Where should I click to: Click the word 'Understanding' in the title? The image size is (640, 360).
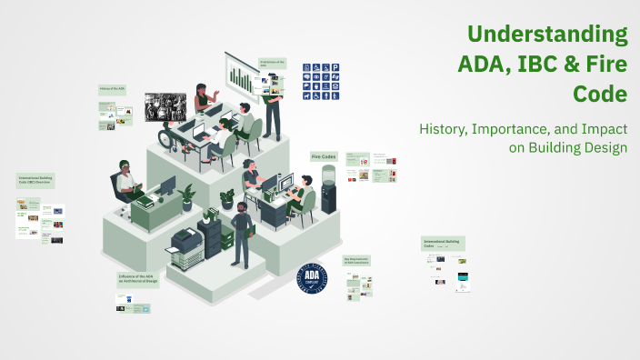point(547,35)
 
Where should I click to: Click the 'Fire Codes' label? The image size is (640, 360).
point(325,156)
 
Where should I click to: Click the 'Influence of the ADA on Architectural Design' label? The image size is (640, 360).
point(138,278)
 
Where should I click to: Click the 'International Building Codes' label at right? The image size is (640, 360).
point(443,244)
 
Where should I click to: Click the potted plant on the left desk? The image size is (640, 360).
point(187,195)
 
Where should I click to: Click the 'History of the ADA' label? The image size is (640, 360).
point(112,90)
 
